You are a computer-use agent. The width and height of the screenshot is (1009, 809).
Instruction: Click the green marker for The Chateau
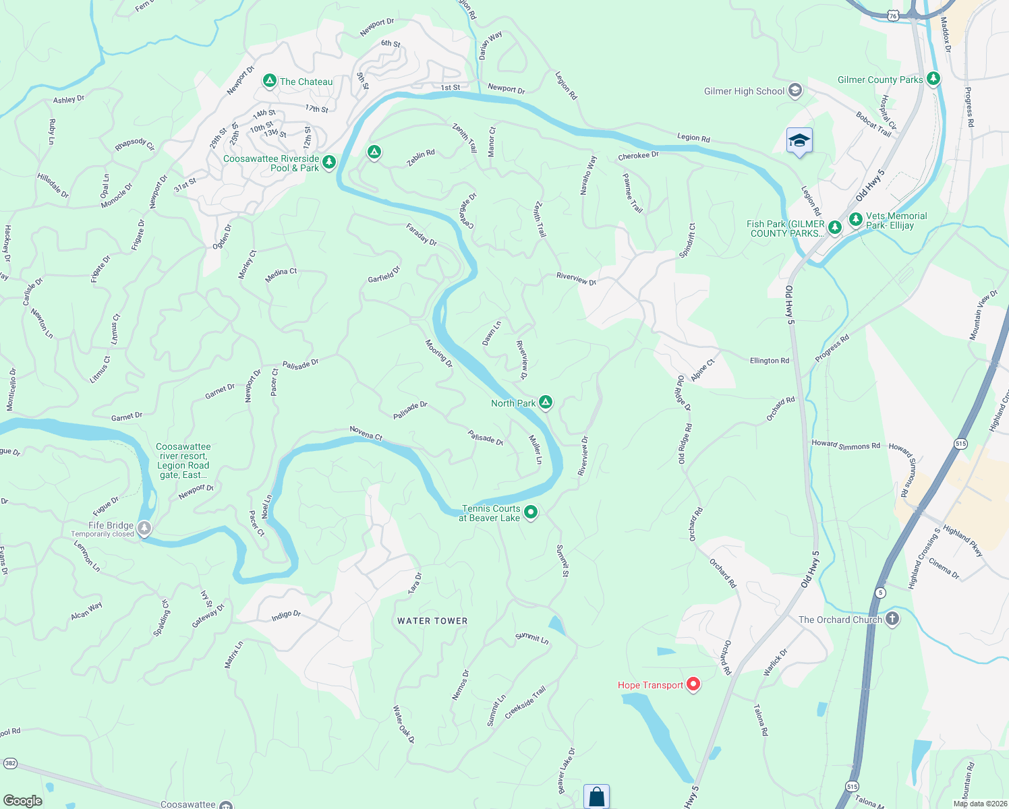(x=270, y=81)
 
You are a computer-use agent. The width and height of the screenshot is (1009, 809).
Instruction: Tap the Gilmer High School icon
(x=795, y=90)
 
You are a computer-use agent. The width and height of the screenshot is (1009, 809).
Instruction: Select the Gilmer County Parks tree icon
(x=933, y=79)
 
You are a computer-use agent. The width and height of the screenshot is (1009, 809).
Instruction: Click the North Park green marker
(x=546, y=402)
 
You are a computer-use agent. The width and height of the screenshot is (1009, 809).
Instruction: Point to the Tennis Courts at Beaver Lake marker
(x=531, y=512)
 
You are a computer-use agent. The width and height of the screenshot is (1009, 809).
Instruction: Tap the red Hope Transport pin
(x=693, y=685)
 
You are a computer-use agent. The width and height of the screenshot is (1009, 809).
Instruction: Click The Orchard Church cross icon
(x=892, y=619)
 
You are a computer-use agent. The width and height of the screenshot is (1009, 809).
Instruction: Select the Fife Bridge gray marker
(x=144, y=527)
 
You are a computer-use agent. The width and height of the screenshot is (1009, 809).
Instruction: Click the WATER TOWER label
(x=432, y=621)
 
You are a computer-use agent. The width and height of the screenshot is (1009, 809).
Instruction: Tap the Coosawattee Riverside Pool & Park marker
(x=329, y=162)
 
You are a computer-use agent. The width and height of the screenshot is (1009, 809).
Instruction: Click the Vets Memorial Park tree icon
(x=856, y=219)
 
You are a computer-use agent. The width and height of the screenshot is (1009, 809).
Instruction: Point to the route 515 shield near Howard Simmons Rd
(x=960, y=444)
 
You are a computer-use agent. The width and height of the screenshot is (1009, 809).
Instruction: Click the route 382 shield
(x=10, y=764)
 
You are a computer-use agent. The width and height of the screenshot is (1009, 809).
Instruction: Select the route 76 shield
(x=894, y=15)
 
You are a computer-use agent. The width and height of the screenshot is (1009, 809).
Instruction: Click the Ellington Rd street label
(x=769, y=361)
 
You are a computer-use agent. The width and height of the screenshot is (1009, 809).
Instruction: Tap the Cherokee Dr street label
(x=638, y=156)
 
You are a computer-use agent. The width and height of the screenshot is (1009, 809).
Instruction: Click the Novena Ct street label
(x=366, y=433)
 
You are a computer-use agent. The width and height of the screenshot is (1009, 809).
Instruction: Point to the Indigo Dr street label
(x=286, y=615)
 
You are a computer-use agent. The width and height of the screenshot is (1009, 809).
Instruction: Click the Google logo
(x=23, y=800)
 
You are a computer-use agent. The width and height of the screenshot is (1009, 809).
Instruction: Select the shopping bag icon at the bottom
(x=596, y=796)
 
